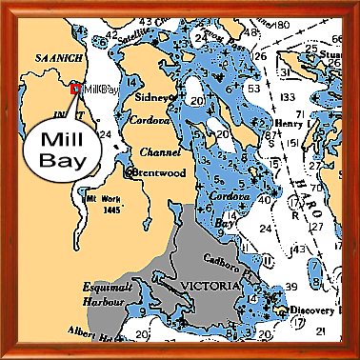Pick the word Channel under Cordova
tap(146, 150)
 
